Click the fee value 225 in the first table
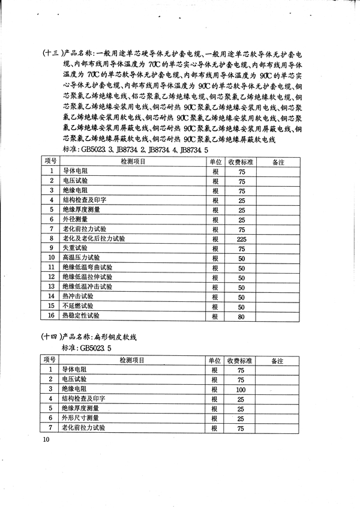(241, 239)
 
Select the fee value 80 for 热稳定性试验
(241, 316)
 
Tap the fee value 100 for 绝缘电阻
(241, 390)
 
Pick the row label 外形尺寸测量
(81, 418)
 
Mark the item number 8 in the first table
(52, 239)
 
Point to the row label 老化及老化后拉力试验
(94, 239)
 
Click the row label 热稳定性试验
(81, 316)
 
